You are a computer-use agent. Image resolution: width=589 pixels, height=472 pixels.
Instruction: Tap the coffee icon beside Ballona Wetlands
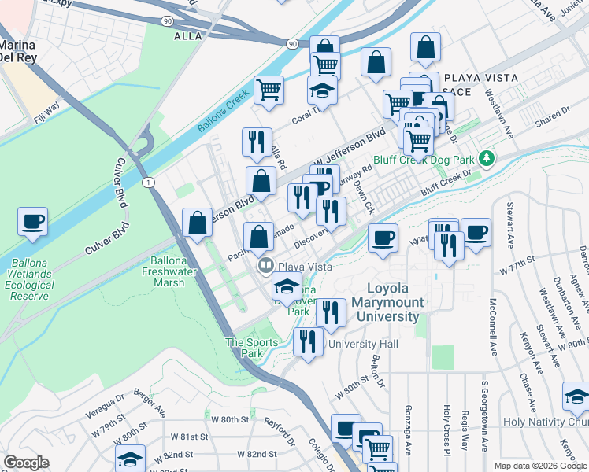[33, 223]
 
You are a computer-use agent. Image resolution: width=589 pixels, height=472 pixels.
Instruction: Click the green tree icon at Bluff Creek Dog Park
[487, 159]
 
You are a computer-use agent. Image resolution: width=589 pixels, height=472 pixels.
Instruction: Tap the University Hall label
[364, 345]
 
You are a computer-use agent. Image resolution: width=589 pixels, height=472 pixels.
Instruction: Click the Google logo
[27, 463]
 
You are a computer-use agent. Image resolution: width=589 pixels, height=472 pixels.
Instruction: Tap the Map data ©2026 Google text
[540, 466]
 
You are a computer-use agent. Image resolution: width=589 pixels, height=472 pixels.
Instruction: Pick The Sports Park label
[251, 348]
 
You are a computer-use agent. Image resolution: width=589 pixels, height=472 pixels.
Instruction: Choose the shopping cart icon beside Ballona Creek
[269, 90]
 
